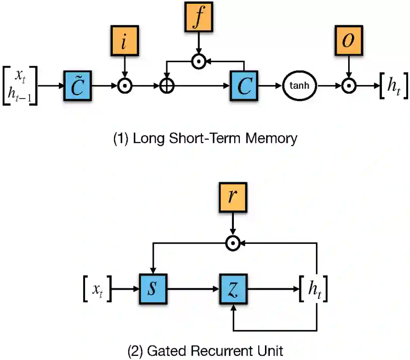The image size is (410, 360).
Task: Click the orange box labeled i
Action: (125, 41)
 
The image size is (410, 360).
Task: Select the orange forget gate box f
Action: (199, 17)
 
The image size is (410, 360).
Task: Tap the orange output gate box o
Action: (349, 41)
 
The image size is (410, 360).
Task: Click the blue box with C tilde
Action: (78, 86)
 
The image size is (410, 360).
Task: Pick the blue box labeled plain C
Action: (244, 86)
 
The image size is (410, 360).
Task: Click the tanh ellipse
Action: (300, 86)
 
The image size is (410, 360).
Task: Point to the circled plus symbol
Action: (167, 86)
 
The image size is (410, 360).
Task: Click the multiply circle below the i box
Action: (125, 86)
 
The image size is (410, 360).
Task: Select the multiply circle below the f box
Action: (199, 62)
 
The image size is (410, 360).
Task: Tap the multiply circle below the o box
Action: (349, 86)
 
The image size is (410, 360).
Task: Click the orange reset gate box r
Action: (233, 198)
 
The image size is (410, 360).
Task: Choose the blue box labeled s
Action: (153, 289)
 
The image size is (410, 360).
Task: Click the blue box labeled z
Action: (233, 289)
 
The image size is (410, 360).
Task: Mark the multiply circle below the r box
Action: (233, 243)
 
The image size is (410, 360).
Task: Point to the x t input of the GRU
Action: (98, 290)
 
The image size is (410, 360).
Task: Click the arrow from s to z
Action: (193, 289)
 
